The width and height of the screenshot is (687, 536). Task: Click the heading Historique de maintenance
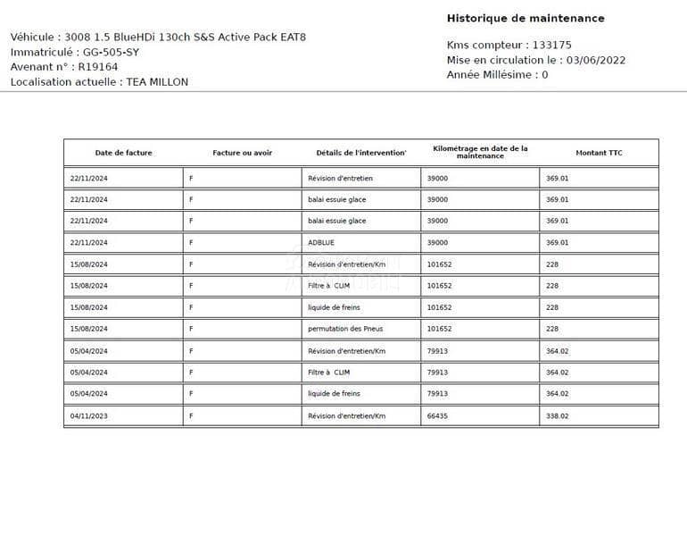tap(525, 18)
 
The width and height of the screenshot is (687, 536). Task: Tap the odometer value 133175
tap(552, 45)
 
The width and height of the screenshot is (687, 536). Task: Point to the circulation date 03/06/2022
tap(596, 60)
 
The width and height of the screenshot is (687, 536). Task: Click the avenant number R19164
tap(98, 67)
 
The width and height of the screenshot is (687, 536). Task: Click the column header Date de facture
tap(123, 153)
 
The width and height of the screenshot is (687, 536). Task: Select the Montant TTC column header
tap(599, 153)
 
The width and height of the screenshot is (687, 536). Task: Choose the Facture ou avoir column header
tap(242, 153)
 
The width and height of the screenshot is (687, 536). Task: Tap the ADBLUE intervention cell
tap(321, 243)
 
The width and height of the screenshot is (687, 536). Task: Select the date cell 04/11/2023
tap(88, 415)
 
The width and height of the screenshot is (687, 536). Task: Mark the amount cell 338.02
tap(557, 415)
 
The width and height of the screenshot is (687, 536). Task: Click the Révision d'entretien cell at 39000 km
tap(340, 178)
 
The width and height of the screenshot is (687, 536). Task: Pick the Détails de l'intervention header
tap(360, 153)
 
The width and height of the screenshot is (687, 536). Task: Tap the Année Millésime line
tap(497, 75)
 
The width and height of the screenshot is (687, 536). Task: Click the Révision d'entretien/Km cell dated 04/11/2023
tap(346, 415)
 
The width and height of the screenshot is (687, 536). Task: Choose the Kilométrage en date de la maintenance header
tap(480, 152)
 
